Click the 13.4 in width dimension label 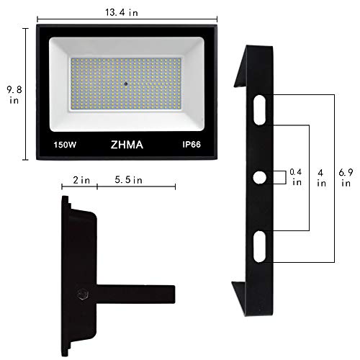coord(122,12)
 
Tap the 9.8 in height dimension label coord(14,95)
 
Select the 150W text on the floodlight coord(65,145)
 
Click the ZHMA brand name coord(127,145)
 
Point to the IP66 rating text coord(192,145)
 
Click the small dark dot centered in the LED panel coord(125,84)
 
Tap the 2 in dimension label coord(81,180)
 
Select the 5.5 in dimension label coord(128,180)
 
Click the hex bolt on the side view coord(84,294)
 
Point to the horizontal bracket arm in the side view coord(136,294)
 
